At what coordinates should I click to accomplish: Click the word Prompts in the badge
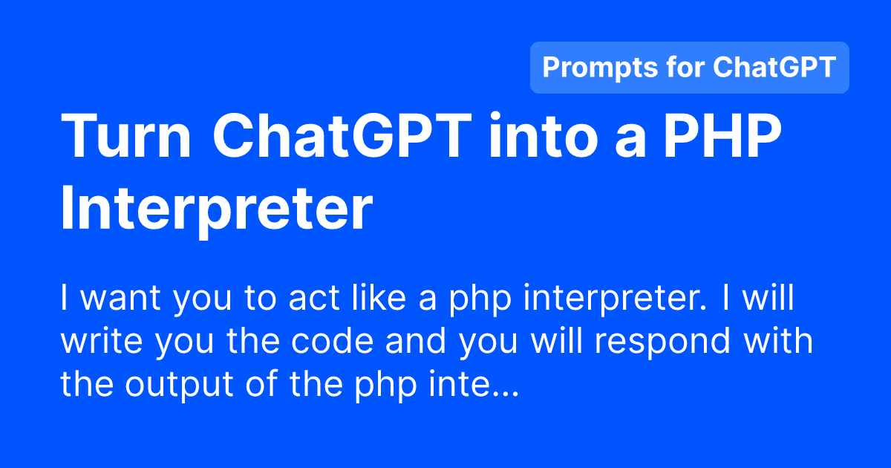(x=600, y=68)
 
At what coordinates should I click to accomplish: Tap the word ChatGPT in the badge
(x=774, y=67)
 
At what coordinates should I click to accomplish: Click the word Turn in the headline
(x=125, y=136)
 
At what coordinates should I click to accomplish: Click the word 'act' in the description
(x=314, y=298)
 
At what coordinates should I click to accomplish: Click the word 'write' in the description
(x=102, y=341)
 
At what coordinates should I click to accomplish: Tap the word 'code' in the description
(x=333, y=341)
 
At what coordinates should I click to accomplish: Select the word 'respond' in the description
(x=662, y=343)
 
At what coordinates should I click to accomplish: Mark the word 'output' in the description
(x=180, y=386)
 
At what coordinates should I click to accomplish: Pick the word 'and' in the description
(x=416, y=341)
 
